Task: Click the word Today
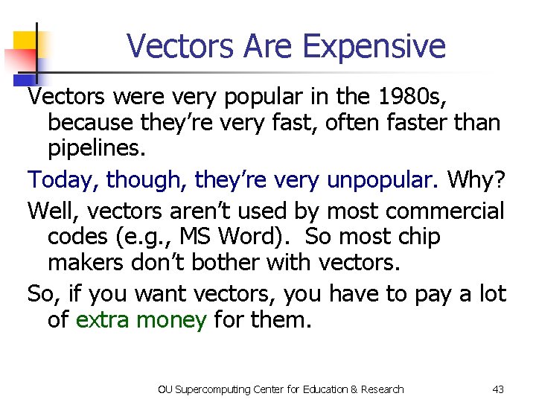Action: coord(63,179)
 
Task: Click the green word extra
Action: coord(103,321)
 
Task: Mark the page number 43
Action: coord(499,389)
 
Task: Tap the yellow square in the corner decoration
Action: coord(25,42)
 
